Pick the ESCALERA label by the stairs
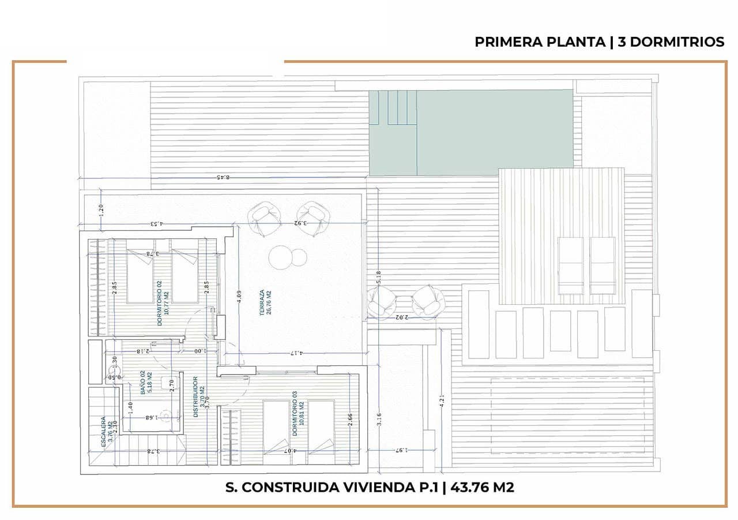tap(104, 432)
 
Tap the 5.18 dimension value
tap(378, 278)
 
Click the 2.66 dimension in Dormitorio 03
tap(351, 420)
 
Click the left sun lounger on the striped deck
tap(570, 266)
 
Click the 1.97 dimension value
tap(402, 450)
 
